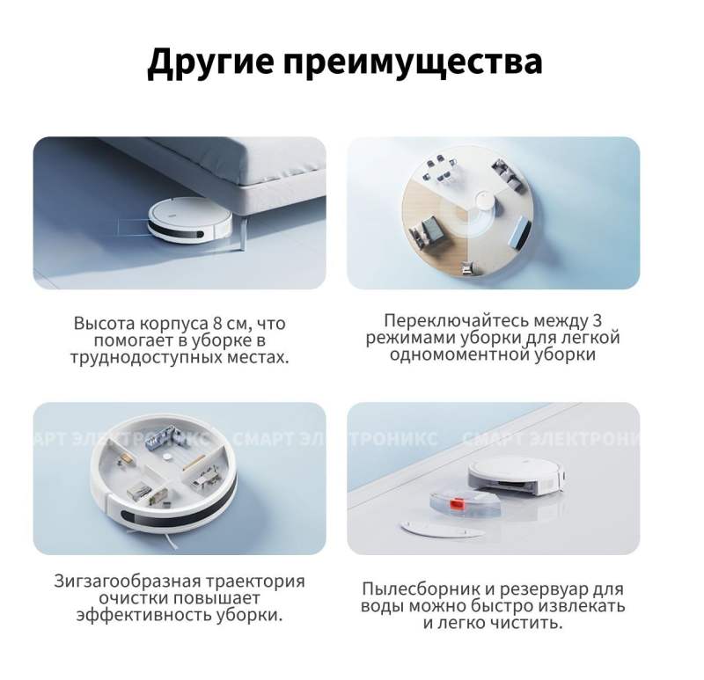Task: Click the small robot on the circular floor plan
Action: (x=483, y=201)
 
